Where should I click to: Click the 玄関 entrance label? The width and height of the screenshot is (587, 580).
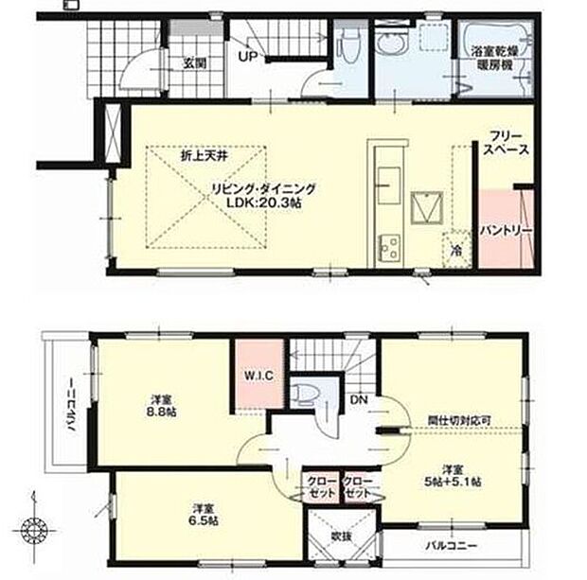tap(195, 64)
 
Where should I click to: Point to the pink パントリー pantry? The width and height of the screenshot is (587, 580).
tap(504, 230)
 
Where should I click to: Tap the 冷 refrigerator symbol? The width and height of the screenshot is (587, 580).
tap(454, 252)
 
